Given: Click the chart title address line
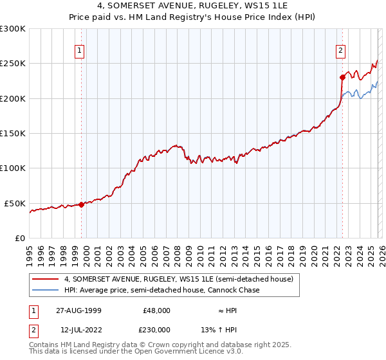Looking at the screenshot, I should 192,7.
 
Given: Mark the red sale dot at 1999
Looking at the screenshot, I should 82,204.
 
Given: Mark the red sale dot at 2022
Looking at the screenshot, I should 342,77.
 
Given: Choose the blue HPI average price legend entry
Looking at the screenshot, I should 161,291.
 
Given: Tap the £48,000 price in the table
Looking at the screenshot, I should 156,310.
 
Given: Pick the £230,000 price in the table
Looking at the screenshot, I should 156,329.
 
